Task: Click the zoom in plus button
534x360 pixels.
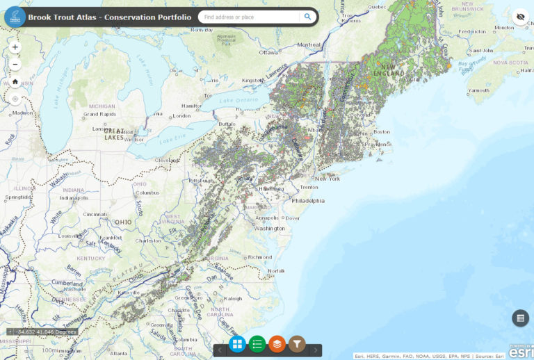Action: (15, 47)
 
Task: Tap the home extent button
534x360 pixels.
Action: (15, 81)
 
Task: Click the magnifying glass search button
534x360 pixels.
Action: (307, 17)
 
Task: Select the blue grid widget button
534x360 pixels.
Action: (237, 343)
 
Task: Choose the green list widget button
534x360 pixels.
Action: (257, 343)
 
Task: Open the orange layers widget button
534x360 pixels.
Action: (277, 343)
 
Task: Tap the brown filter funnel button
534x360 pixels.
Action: (297, 343)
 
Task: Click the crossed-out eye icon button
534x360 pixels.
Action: (519, 17)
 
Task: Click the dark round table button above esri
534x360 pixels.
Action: (519, 318)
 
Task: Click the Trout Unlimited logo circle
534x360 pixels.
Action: (15, 17)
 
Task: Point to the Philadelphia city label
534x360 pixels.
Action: (308, 201)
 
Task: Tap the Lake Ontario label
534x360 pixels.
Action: (238, 101)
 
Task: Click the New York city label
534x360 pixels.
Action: (327, 179)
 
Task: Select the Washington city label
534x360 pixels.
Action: (270, 228)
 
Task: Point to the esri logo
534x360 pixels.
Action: (520, 352)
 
